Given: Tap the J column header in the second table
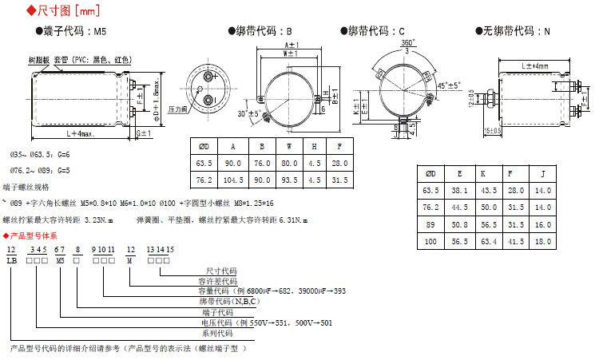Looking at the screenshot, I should (x=543, y=173).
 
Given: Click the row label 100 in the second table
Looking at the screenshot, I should (x=431, y=240).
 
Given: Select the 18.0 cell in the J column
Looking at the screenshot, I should (x=543, y=240).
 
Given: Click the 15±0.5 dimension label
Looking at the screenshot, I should (x=493, y=131).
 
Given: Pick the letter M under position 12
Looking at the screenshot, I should (x=130, y=261).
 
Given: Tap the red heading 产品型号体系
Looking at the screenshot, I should (x=34, y=235).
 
